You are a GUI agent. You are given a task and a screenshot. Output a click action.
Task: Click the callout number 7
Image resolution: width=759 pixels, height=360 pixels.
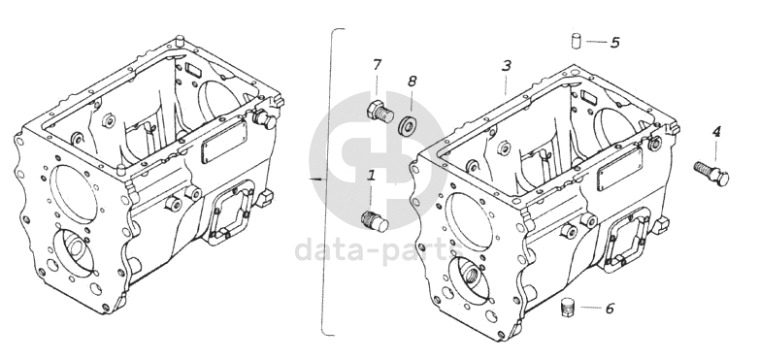click(x=378, y=64)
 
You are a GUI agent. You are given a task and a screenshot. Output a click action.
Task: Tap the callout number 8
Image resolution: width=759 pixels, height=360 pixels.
click(x=412, y=81)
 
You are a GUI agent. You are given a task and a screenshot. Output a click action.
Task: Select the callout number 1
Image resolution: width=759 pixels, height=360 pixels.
click(x=372, y=175)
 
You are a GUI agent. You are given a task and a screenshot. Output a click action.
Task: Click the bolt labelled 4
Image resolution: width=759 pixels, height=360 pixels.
click(x=711, y=174)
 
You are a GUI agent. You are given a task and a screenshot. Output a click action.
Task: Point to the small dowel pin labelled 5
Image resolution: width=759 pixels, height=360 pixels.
click(x=575, y=41)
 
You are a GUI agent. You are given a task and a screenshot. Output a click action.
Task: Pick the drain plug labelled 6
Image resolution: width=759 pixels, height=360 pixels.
click(x=568, y=308)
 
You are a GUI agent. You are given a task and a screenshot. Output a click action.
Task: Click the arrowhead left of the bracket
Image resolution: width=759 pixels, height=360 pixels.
click(x=313, y=179)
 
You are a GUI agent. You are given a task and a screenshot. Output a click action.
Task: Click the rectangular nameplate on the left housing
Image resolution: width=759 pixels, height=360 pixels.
click(x=224, y=142)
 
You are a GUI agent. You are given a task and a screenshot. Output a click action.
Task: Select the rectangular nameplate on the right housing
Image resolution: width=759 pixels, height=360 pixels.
click(x=620, y=170)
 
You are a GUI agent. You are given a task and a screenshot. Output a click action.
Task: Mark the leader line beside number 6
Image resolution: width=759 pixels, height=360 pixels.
click(x=590, y=308)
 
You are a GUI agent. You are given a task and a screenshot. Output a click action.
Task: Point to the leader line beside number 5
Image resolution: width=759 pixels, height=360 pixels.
click(x=596, y=42)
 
